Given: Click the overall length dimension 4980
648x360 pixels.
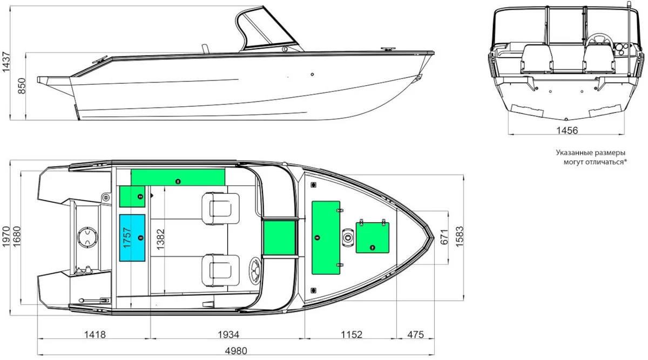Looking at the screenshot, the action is [236, 351].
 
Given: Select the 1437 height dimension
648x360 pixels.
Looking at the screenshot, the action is [6, 62].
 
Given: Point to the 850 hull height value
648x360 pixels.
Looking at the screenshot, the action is [22, 86].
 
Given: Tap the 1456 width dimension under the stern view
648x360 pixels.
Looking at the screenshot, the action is [567, 131].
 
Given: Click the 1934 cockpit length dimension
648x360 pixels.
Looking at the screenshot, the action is [228, 335].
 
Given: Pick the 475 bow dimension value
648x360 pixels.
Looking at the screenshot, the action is [415, 335].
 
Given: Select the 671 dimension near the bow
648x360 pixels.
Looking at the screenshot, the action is [444, 237].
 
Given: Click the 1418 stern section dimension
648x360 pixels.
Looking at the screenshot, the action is [94, 335].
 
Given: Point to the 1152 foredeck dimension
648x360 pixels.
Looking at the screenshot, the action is [351, 335].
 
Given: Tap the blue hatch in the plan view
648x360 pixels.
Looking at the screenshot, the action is [132, 237].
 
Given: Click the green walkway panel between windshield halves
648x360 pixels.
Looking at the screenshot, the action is [280, 237].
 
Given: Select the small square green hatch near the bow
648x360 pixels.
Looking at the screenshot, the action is [372, 237].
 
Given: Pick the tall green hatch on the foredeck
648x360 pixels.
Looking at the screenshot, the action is [326, 237].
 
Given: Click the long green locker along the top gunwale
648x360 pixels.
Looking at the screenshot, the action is [178, 177].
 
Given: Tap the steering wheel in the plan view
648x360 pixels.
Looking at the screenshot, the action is [255, 269].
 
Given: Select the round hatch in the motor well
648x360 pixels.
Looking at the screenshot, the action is [87, 237].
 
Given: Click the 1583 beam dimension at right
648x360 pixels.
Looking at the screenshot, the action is [460, 237].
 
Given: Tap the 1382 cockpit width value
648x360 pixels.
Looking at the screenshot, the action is [160, 240].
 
